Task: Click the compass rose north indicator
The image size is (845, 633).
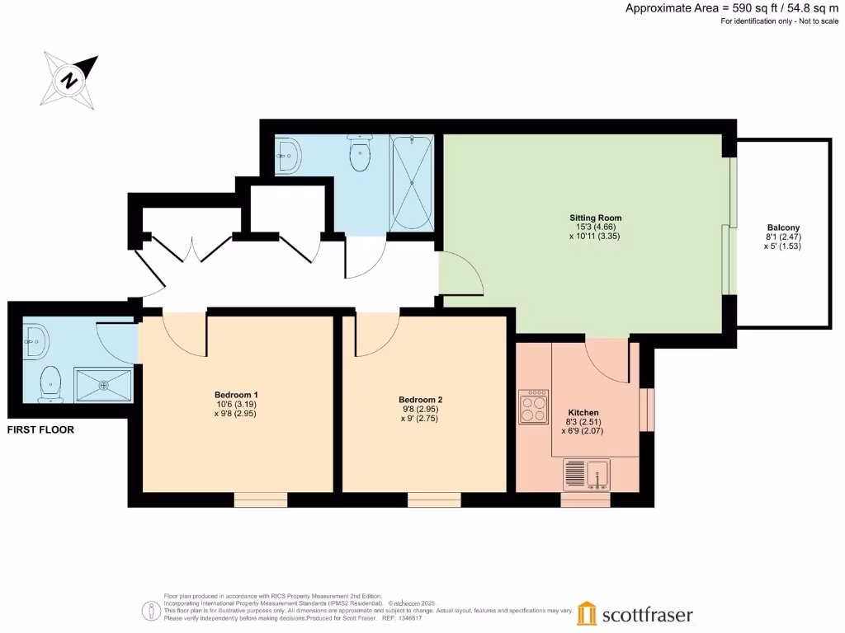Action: [71, 80]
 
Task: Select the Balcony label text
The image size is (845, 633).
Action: [783, 227]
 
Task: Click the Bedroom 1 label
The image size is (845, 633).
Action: [235, 394]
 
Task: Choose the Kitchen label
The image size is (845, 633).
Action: [583, 412]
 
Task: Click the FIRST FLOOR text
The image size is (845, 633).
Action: [41, 430]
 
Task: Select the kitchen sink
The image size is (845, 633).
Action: [586, 474]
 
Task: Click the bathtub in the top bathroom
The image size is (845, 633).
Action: [411, 183]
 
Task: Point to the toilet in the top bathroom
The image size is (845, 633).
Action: [360, 153]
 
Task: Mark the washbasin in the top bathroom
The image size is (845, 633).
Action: [289, 155]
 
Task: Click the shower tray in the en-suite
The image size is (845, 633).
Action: [103, 384]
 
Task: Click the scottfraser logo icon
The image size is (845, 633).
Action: [587, 613]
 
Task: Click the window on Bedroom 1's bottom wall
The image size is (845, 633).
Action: [261, 499]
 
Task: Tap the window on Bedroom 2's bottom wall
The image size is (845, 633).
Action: [434, 499]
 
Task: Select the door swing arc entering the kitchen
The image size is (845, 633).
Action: [609, 363]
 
